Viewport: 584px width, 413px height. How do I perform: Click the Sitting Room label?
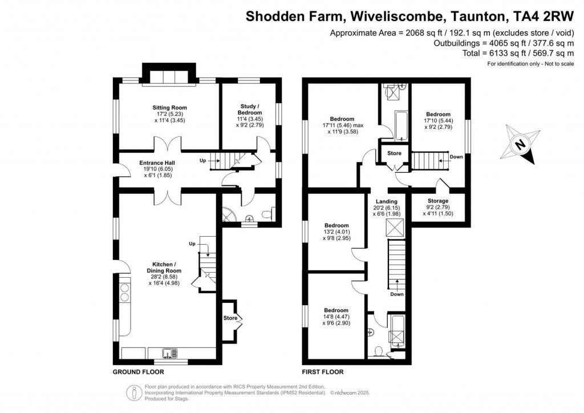coord(169,107)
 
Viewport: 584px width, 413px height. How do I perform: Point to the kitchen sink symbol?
coord(169,353)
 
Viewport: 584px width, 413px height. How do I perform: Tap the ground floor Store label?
coord(230,318)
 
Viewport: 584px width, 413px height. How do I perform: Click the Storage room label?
coord(437,201)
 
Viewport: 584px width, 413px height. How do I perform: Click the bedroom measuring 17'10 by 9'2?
coord(437,114)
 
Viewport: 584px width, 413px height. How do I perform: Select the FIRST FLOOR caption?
coord(323,372)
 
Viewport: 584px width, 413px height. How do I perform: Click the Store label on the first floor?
coord(394,153)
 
